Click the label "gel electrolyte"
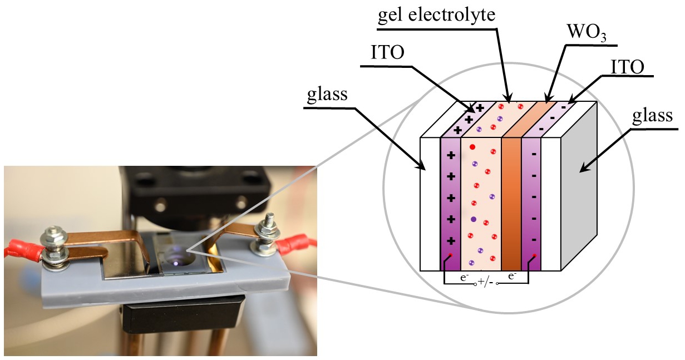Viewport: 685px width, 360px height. point(437,15)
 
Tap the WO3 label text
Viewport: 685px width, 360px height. point(586,32)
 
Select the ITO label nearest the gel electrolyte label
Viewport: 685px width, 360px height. point(387,53)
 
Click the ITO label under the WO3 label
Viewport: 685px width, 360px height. point(628,67)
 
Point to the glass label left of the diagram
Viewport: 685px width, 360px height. point(327,95)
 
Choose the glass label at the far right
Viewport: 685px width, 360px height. point(652,116)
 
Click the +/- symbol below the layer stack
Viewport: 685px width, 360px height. point(486,282)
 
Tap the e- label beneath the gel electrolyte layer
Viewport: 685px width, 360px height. point(465,278)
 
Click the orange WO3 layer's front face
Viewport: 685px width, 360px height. point(511,204)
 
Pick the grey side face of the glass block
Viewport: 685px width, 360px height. point(579,186)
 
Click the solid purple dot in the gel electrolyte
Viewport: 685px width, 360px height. point(474,219)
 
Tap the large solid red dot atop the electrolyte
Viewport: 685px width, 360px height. point(472,147)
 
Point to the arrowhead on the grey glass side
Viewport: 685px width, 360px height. point(584,168)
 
